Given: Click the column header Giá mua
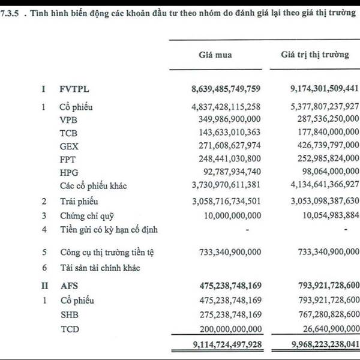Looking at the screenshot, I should point(215,55).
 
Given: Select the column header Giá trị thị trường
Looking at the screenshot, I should point(314,55).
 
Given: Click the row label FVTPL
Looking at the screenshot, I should point(74,89).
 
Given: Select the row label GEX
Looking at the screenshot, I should point(68,146).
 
